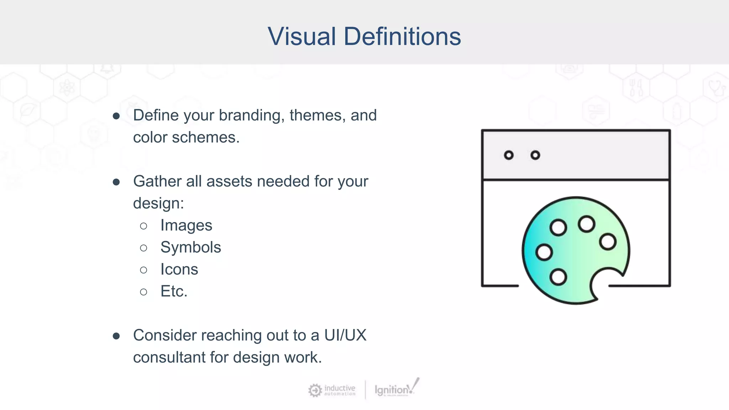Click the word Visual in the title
click(x=302, y=36)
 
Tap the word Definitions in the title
click(x=402, y=36)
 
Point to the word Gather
click(x=157, y=182)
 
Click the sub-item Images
click(x=186, y=225)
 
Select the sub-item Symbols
click(x=190, y=247)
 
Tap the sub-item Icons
click(x=179, y=269)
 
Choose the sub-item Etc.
click(x=174, y=291)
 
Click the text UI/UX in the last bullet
click(x=345, y=335)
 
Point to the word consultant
click(x=169, y=357)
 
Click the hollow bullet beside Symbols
click(x=143, y=248)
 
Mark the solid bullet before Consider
click(x=116, y=336)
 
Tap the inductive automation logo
click(x=332, y=390)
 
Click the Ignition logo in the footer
click(x=396, y=389)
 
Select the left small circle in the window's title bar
click(x=509, y=155)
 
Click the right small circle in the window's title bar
click(x=535, y=155)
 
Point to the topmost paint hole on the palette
click(x=586, y=224)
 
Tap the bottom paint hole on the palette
click(x=558, y=277)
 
